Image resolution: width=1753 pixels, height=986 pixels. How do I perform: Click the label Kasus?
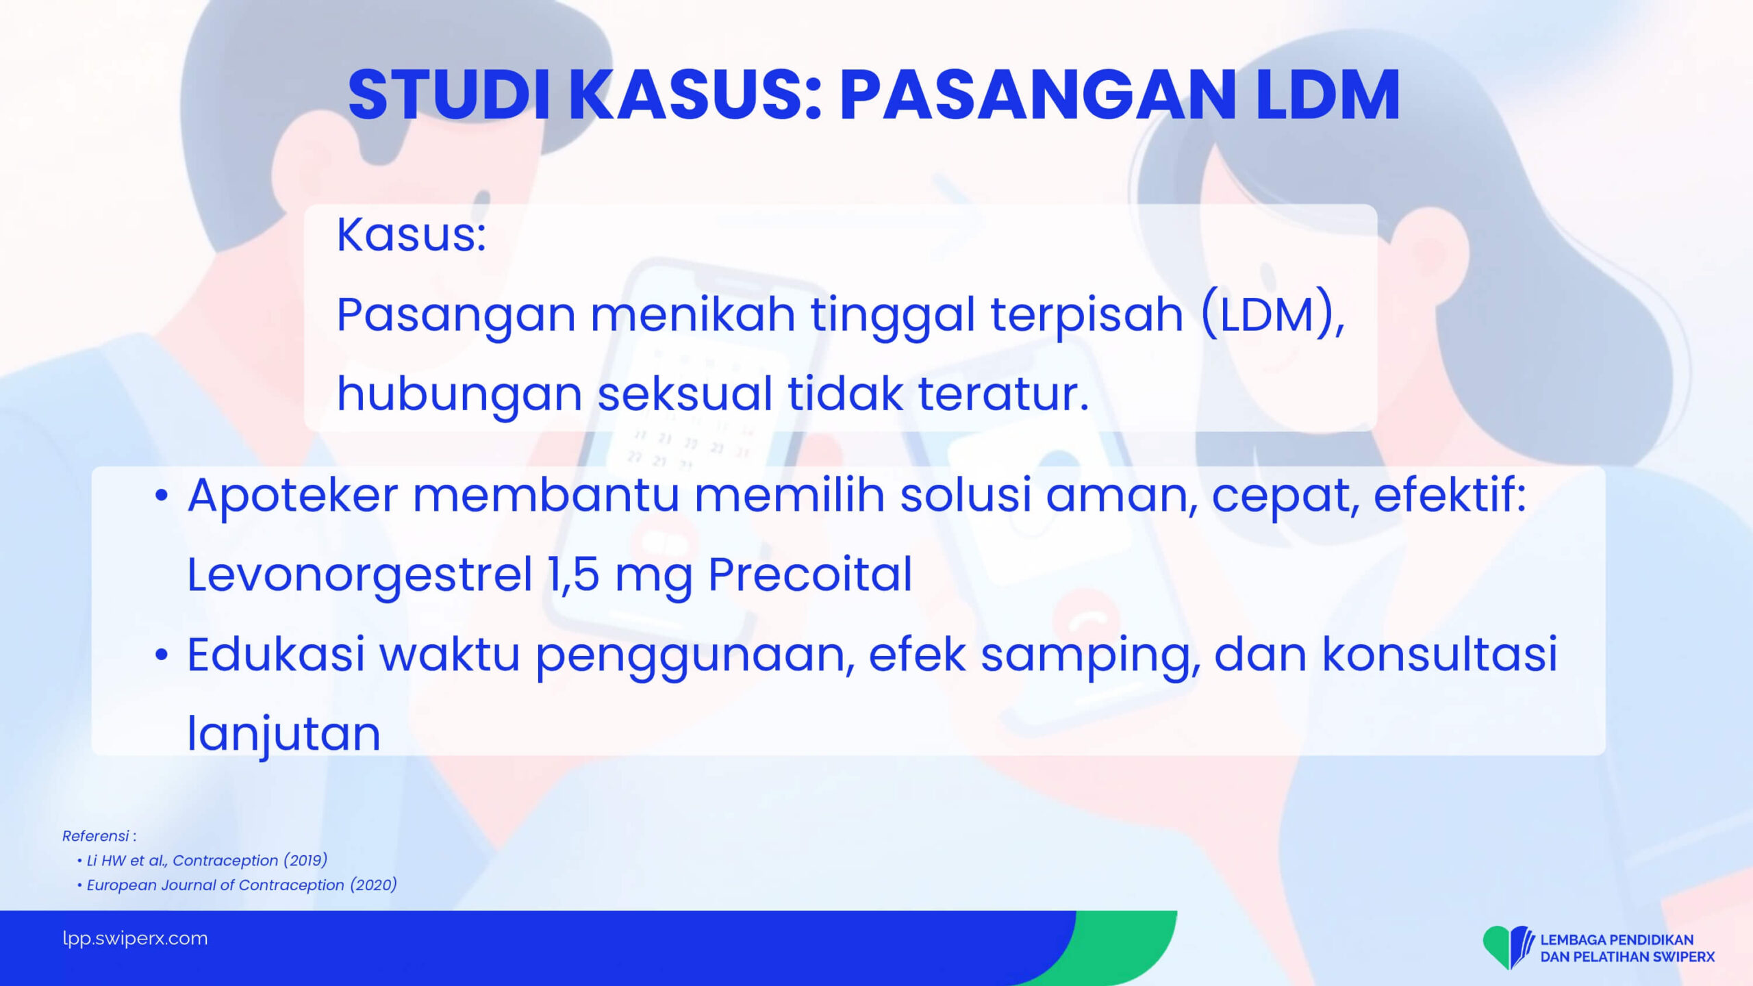pyautogui.click(x=412, y=235)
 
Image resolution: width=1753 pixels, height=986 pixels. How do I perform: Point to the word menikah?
pyautogui.click(x=692, y=314)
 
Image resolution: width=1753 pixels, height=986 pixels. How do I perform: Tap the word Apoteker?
pyautogui.click(x=292, y=496)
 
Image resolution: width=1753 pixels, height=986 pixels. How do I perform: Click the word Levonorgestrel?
pyautogui.click(x=360, y=575)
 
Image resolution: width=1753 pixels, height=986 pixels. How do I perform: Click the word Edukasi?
pyautogui.click(x=276, y=654)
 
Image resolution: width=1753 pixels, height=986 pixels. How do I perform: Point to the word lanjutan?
pyautogui.click(x=283, y=733)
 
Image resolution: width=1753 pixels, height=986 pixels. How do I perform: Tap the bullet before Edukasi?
pyautogui.click(x=161, y=655)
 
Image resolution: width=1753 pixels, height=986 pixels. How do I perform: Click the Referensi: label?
pyautogui.click(x=99, y=836)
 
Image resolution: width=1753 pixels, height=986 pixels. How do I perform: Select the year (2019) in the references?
pyautogui.click(x=305, y=861)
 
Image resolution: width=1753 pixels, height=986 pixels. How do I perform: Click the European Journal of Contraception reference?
pyautogui.click(x=242, y=885)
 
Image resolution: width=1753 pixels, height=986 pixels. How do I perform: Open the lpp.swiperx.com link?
pyautogui.click(x=135, y=938)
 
